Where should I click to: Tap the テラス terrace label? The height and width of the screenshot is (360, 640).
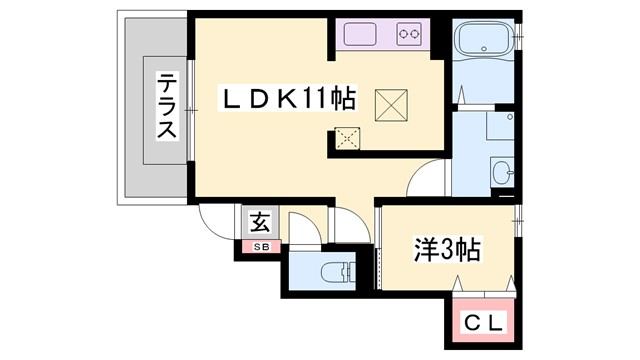(x=166, y=110)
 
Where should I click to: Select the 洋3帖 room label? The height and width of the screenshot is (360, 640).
(x=447, y=249)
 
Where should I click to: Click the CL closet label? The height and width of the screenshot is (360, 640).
(x=484, y=323)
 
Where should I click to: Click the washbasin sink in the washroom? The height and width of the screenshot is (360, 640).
(x=503, y=173)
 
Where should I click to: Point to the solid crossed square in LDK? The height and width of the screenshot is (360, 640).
(x=389, y=102)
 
